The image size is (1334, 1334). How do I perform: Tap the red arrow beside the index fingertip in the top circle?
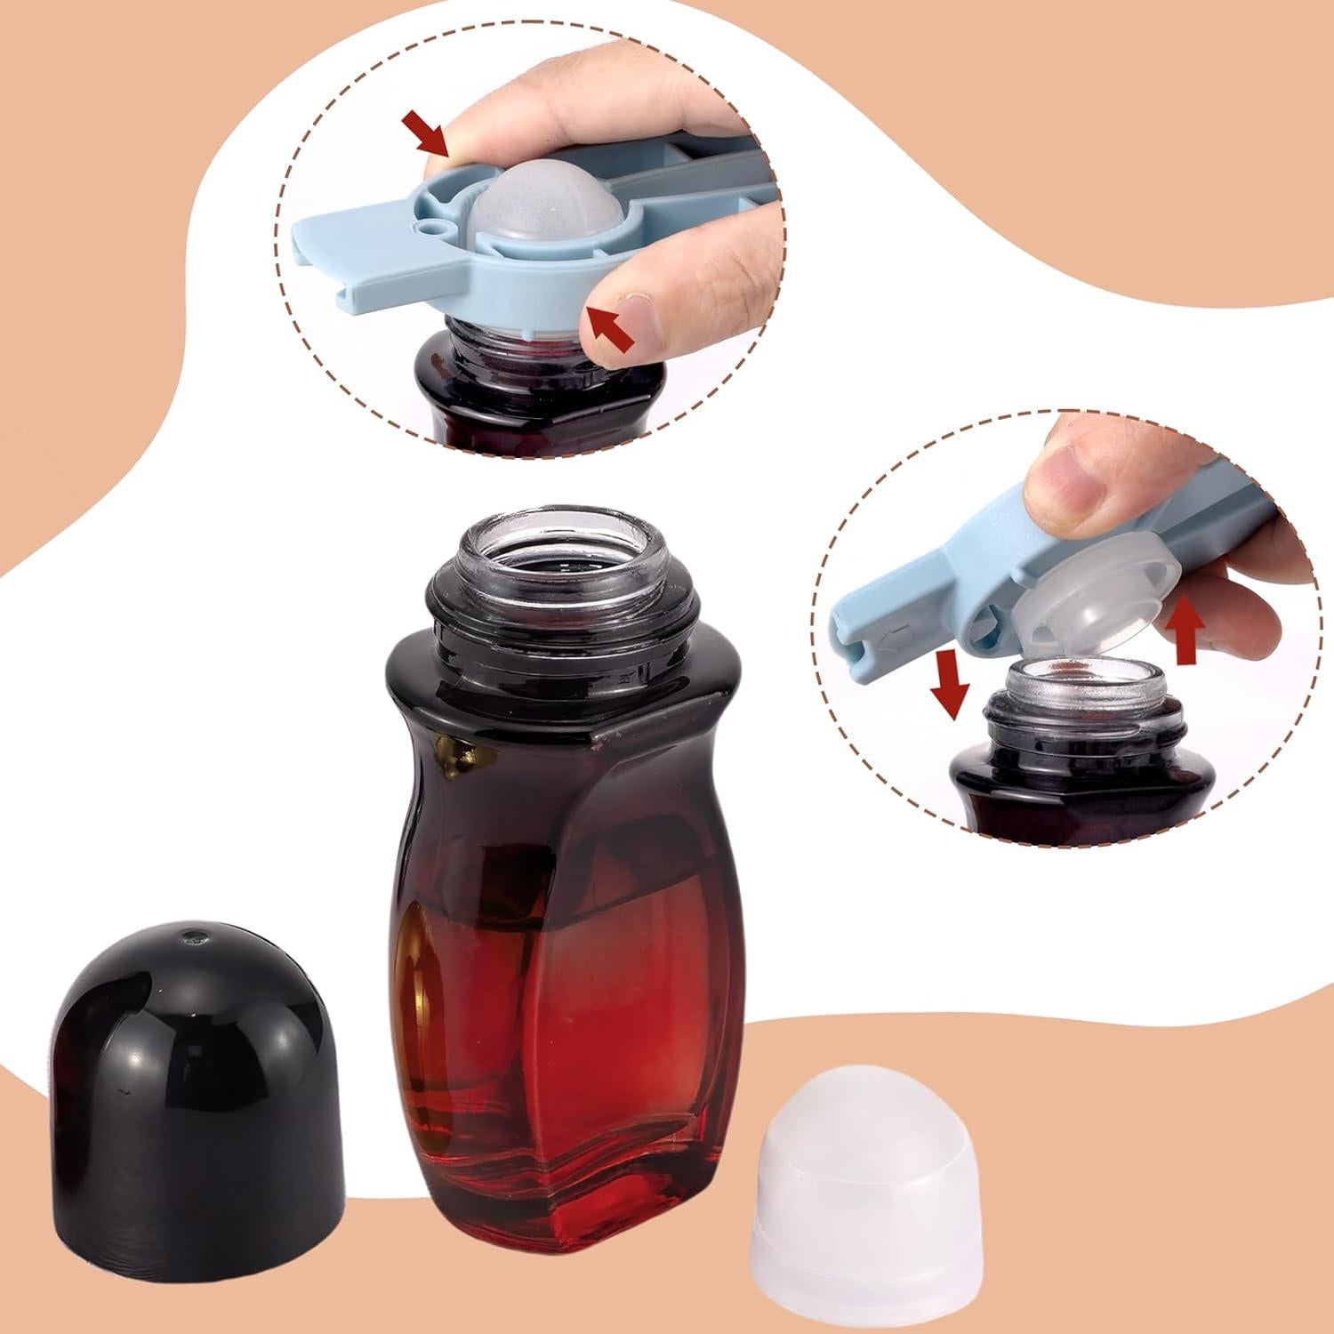610,325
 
